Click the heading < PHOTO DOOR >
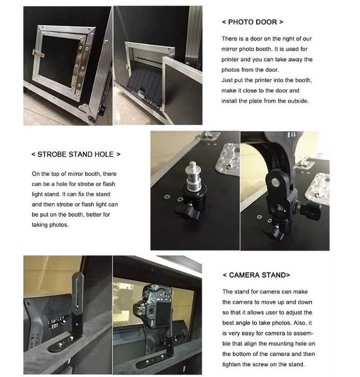click(252, 22)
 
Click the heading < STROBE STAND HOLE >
click(76, 154)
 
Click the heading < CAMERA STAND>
click(256, 275)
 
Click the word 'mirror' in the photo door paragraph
click(231, 49)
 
